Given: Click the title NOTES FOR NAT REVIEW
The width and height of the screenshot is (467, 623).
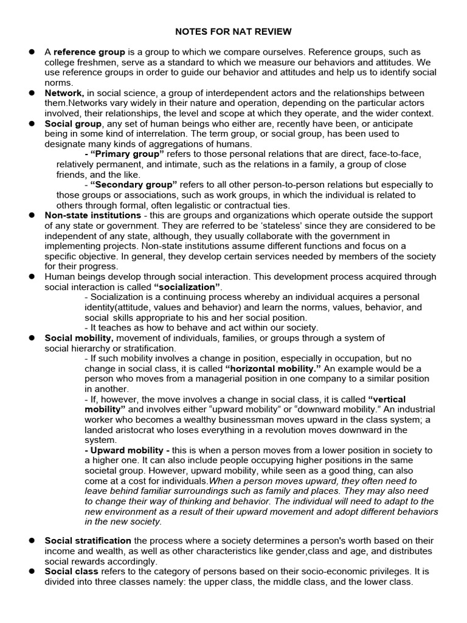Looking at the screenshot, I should pos(233,30).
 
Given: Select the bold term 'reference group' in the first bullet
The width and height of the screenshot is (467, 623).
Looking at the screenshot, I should pos(89,52).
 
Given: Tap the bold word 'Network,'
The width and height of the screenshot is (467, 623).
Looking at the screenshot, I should pos(64,93).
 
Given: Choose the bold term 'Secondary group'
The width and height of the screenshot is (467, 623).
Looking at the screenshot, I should pos(134,185).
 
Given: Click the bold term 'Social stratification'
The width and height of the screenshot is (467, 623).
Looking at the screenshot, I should pos(88,541).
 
